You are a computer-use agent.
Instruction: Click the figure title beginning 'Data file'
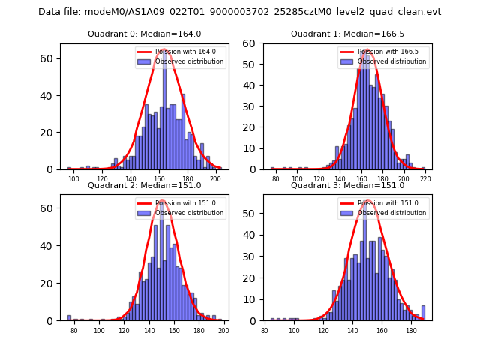239,12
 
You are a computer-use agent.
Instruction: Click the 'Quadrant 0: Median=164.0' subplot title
144,34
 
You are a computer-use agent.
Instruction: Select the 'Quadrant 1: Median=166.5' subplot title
347,34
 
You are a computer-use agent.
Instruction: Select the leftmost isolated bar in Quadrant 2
69,318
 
